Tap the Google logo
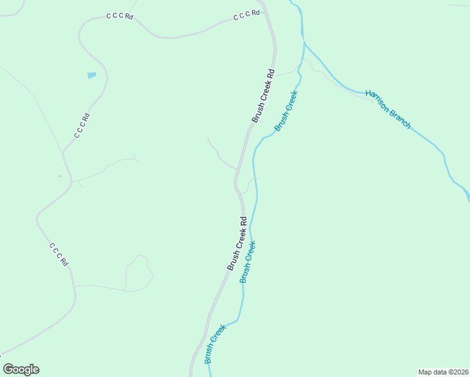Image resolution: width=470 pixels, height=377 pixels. click(x=21, y=369)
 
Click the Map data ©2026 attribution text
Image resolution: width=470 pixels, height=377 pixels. click(x=444, y=372)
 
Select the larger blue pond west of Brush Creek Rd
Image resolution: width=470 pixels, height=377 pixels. click(x=92, y=75)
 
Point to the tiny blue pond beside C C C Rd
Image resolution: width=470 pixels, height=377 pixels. click(x=60, y=176)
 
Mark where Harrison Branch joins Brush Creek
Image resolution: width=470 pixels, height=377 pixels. click(x=304, y=43)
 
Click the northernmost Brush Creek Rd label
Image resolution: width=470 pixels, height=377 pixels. click(x=263, y=95)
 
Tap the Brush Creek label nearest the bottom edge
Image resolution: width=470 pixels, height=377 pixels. click(x=215, y=344)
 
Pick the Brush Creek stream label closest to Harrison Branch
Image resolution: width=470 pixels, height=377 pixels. click(x=286, y=111)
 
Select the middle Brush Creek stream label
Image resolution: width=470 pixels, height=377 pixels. click(x=248, y=261)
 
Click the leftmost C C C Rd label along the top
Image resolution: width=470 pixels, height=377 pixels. click(x=119, y=16)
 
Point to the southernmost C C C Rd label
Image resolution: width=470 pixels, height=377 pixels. click(x=58, y=254)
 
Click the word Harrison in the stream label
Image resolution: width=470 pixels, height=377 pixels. click(x=378, y=99)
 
